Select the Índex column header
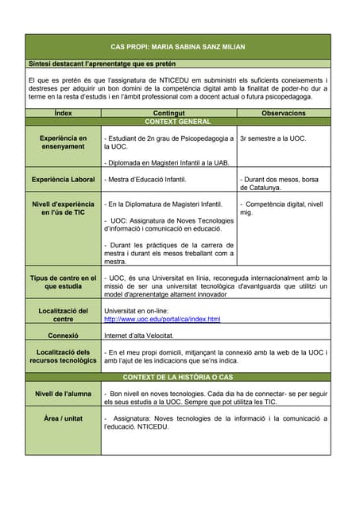(63, 114)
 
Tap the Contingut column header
(168, 114)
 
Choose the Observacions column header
(283, 114)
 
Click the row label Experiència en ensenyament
(63, 142)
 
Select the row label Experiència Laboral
(63, 180)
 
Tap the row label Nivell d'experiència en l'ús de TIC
(63, 208)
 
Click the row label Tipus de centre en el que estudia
(63, 282)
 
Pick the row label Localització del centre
(63, 314)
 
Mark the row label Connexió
(63, 336)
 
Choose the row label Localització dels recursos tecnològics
(63, 356)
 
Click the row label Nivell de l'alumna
(63, 394)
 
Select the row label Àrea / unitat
(63, 418)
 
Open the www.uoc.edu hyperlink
(162, 319)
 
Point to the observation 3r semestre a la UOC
(273, 138)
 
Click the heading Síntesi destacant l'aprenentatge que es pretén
(102, 63)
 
